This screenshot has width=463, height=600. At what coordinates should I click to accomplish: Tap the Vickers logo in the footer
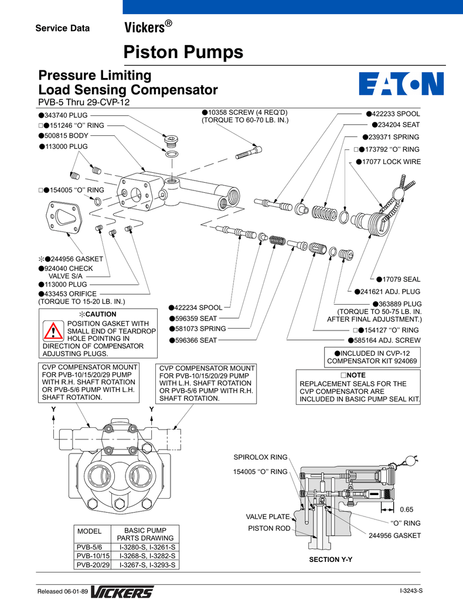coord(122,592)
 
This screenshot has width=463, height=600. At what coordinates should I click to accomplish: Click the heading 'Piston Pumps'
coord(183,52)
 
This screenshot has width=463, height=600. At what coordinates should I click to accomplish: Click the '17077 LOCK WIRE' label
coord(391,162)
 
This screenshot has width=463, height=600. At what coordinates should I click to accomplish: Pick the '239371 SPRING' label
coord(394,137)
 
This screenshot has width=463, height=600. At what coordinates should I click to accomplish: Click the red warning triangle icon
coord(53,332)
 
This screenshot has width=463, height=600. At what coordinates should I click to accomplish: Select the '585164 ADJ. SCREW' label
coord(387,340)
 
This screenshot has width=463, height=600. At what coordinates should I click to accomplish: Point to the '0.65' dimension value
coord(407,509)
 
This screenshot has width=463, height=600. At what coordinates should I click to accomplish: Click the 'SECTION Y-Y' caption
coord(331,560)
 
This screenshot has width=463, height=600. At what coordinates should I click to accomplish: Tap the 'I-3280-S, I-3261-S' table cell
coord(148,546)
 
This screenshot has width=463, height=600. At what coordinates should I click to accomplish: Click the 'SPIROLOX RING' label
coord(260,457)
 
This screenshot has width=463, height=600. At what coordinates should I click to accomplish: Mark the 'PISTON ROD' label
coord(269,528)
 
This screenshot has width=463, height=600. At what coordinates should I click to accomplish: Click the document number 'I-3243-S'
coord(411,592)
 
